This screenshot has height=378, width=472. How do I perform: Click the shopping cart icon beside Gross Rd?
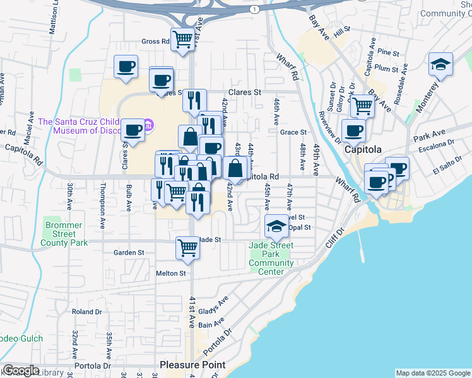coord(183,39)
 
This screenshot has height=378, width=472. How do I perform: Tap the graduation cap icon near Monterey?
coord(440,64)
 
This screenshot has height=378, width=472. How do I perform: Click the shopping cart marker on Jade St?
coord(188,248)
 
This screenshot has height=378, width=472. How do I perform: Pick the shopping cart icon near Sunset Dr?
coord(362,105)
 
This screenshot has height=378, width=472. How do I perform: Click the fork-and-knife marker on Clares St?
coord(195,100)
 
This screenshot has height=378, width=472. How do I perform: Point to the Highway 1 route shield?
coord(254,9)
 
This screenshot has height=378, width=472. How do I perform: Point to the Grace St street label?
coord(293,132)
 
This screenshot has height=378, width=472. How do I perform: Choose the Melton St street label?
coord(171,273)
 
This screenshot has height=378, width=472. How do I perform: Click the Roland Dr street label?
coord(86,311)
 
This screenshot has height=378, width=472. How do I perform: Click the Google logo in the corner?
coord(21,370)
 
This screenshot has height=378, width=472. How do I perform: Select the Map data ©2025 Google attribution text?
coord(433,373)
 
